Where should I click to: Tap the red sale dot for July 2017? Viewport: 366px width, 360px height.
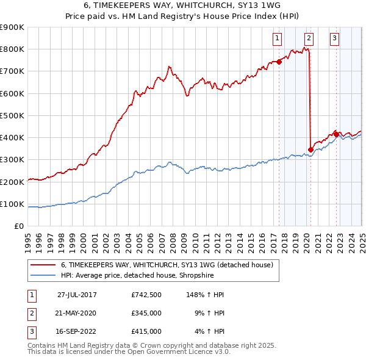pos(279,62)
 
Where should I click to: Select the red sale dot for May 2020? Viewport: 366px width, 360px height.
pos(310,149)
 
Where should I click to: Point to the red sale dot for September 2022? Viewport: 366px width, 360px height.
pos(336,134)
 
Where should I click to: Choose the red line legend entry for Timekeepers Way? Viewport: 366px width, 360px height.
pos(170,265)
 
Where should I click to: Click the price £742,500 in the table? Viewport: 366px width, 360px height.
pos(146,295)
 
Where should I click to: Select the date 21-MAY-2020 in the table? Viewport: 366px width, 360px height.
pos(77,313)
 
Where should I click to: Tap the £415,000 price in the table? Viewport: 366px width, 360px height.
pos(146,331)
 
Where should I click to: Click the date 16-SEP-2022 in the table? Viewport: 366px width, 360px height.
pos(77,331)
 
